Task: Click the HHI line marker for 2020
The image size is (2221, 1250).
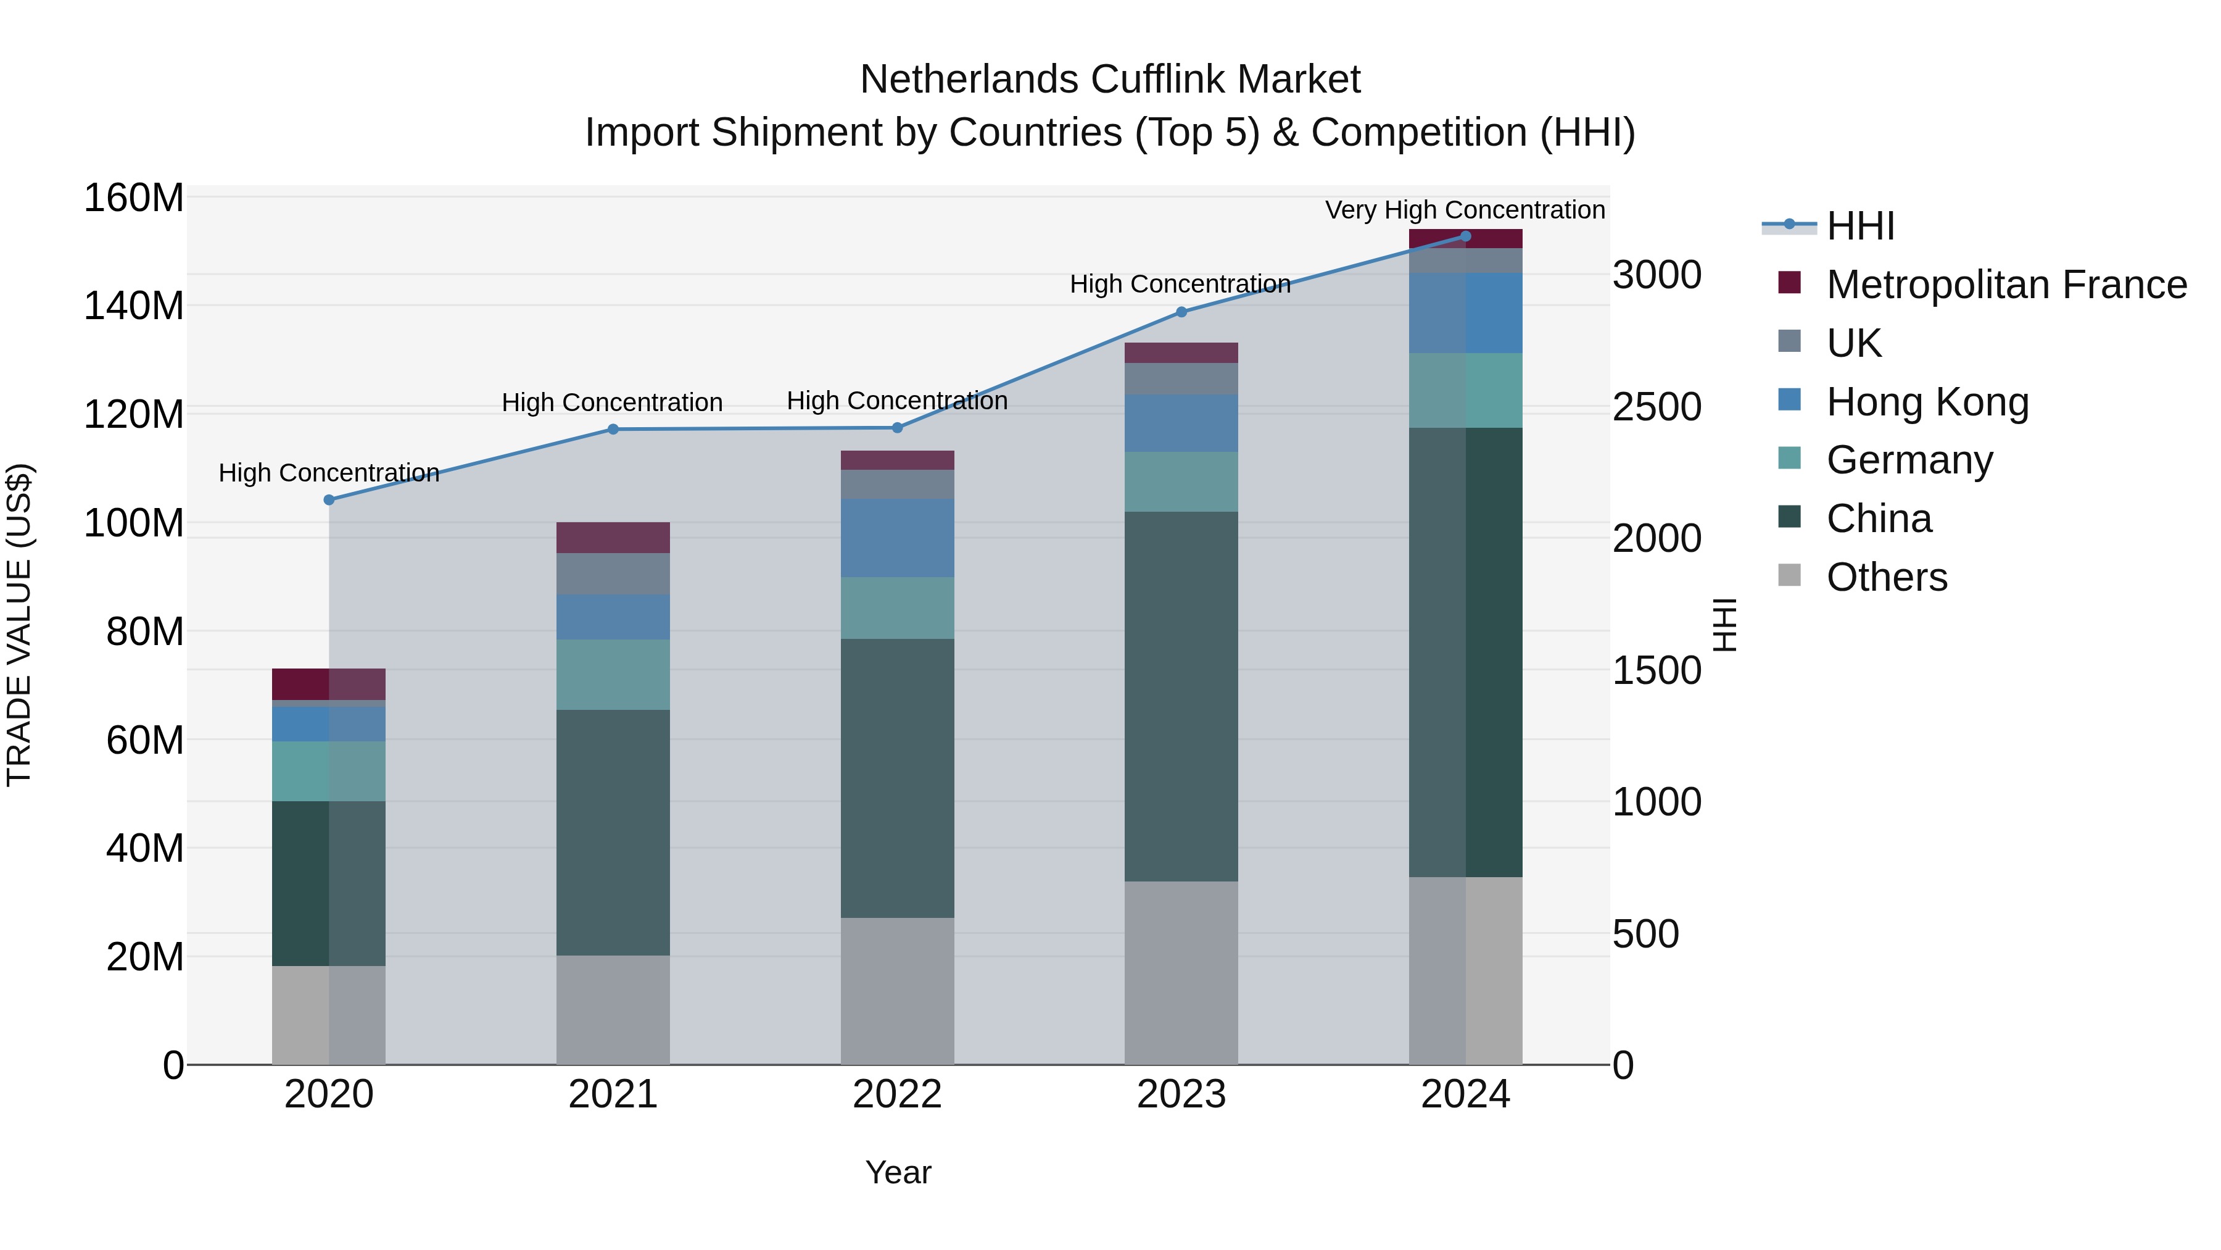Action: pos(328,499)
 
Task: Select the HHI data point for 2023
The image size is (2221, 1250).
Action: pos(1181,312)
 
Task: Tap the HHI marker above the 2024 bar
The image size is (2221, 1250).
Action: pos(1466,236)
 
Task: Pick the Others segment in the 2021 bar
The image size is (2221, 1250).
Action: pos(613,1009)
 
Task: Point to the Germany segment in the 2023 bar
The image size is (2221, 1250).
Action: pos(1181,481)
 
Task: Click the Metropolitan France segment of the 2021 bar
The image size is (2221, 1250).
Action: pos(613,538)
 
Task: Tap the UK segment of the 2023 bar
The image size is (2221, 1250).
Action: pos(1181,379)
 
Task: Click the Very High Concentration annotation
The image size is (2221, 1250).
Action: pos(1464,210)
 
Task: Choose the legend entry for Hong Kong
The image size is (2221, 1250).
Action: pos(1927,402)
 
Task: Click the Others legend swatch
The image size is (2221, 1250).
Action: pos(1789,575)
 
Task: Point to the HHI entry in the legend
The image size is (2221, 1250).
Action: pos(1859,226)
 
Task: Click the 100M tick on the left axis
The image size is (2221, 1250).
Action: pos(134,523)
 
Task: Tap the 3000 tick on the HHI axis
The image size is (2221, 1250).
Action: pos(1656,275)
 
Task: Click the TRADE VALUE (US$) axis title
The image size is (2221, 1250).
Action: pos(19,625)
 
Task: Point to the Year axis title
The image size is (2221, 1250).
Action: pos(898,1172)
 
